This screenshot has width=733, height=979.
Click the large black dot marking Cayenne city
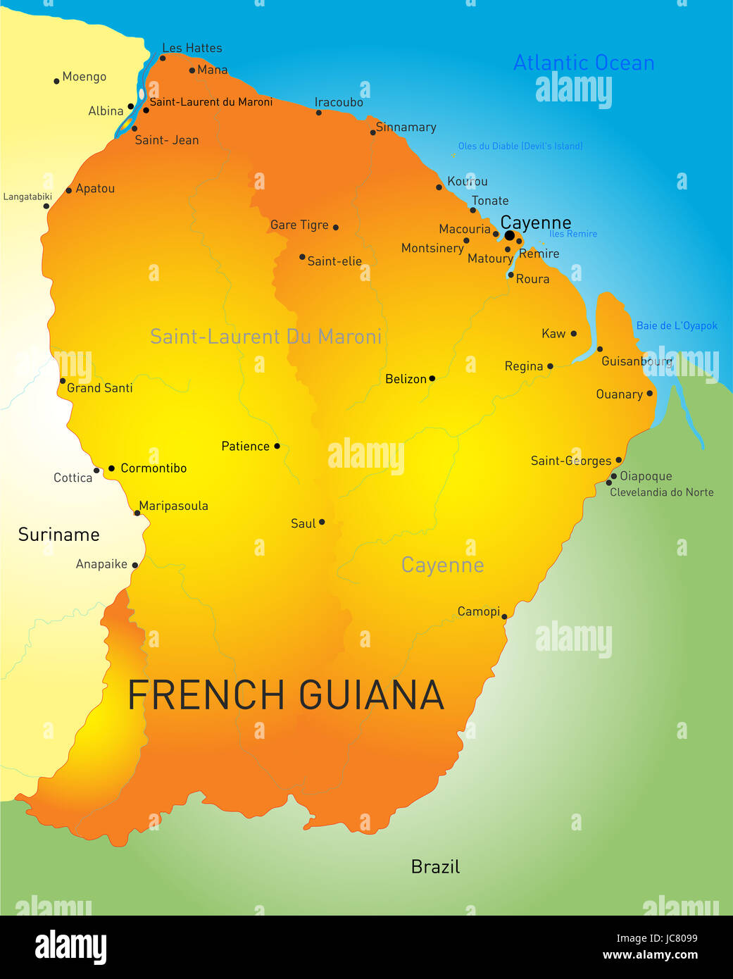[x=509, y=235]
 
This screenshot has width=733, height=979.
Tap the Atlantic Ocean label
[x=584, y=63]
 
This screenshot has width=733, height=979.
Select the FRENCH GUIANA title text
[x=286, y=695]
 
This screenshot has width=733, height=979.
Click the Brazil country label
[x=435, y=866]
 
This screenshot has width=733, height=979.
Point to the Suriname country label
[x=58, y=535]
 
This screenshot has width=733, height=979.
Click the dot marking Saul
[x=322, y=522]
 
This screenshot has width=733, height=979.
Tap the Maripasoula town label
[x=173, y=506]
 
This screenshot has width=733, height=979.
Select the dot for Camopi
[x=504, y=617]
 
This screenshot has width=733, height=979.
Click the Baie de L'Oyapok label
[x=677, y=325]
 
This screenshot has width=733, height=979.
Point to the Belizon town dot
[x=432, y=378]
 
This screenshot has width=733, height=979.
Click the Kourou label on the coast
[x=468, y=181]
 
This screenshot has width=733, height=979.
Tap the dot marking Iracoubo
[x=319, y=113]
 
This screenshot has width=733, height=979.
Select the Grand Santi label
[x=99, y=388]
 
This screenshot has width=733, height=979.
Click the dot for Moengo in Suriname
[x=56, y=81]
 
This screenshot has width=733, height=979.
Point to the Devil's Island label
[x=520, y=146]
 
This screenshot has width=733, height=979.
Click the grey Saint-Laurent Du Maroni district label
[x=265, y=337]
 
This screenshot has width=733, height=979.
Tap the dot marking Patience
[x=277, y=446]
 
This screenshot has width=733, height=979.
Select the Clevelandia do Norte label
[x=661, y=492]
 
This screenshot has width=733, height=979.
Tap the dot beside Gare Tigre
[x=336, y=227]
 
